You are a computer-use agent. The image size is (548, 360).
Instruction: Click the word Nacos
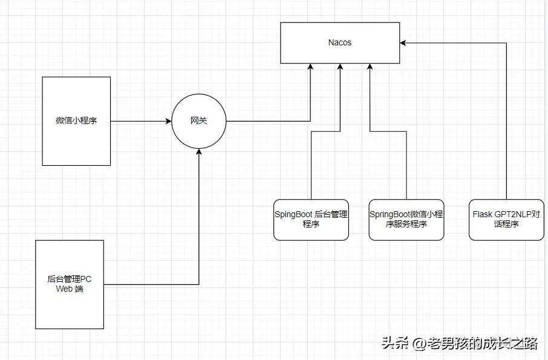point(339,43)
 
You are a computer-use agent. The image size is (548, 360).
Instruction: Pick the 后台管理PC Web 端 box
point(70,309)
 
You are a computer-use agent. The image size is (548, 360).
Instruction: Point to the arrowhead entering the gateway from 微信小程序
point(168,121)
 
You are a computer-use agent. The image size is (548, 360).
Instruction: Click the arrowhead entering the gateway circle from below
point(198,151)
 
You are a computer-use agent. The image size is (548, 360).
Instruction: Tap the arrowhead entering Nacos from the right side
point(403,43)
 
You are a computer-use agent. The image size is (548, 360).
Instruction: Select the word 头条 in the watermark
point(395,344)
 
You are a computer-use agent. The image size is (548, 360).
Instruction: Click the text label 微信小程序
point(76,120)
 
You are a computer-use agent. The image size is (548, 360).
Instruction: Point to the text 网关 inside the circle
point(198,121)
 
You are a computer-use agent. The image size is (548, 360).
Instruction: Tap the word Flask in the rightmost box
point(482,214)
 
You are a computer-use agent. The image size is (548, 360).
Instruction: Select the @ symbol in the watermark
point(419,344)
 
